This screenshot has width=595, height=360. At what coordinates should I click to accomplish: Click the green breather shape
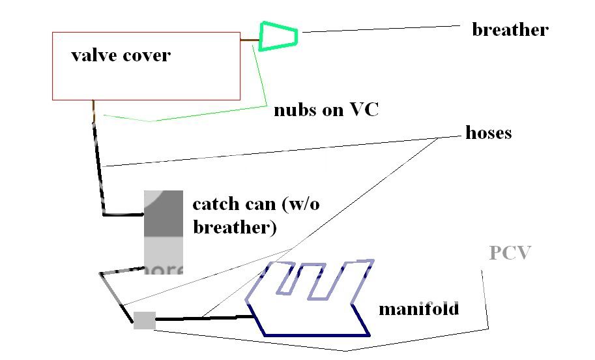(x=279, y=36)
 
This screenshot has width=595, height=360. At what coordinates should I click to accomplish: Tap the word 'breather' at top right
(x=510, y=30)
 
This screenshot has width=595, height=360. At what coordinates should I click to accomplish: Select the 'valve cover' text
(x=121, y=55)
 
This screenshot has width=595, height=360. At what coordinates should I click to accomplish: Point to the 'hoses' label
(x=488, y=133)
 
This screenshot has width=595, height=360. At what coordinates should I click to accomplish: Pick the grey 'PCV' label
(x=510, y=253)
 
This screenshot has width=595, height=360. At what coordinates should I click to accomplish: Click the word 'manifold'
(x=419, y=308)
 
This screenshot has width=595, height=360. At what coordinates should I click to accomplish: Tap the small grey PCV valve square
(x=145, y=320)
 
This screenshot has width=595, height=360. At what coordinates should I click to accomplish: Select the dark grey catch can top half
(x=163, y=213)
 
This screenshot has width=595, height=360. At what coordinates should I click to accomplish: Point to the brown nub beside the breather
(x=249, y=40)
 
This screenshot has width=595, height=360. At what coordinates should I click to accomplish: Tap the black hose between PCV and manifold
(x=202, y=318)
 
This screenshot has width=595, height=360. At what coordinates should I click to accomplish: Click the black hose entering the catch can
(x=102, y=183)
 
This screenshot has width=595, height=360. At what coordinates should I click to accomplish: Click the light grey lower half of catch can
(x=163, y=254)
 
